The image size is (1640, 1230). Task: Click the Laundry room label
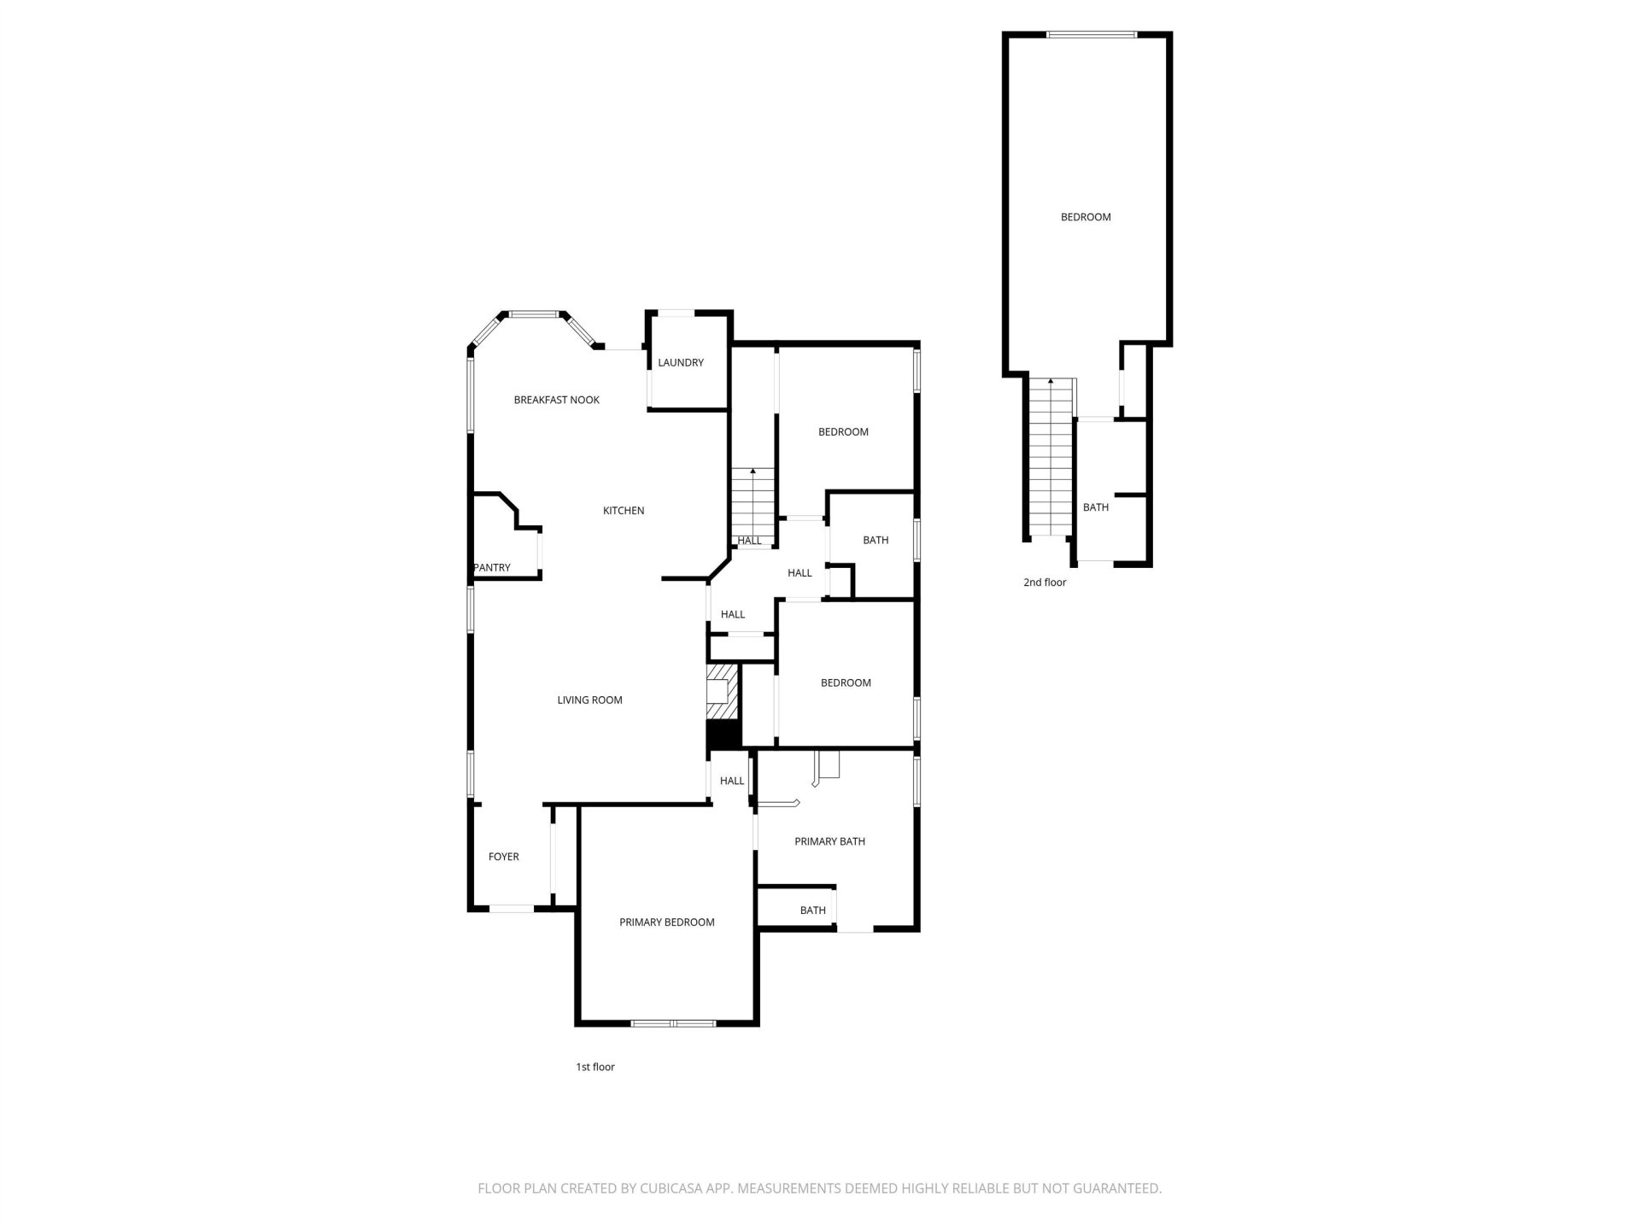click(681, 363)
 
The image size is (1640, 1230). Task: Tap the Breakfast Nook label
click(557, 400)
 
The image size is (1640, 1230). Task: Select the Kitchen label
click(624, 511)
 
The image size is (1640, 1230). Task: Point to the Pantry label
click(492, 568)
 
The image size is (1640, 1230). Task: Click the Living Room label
click(590, 700)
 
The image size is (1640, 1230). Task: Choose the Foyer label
click(504, 857)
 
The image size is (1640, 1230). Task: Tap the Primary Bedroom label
click(667, 922)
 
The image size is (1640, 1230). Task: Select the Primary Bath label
click(830, 841)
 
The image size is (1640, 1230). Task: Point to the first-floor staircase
click(753, 507)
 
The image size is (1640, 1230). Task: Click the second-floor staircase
click(1050, 457)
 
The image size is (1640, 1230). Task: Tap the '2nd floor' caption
click(1045, 583)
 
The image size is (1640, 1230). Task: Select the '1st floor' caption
click(595, 1067)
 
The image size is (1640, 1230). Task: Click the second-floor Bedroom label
click(1086, 217)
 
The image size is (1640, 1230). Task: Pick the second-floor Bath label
click(1096, 507)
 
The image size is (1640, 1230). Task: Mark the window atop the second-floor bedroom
click(1092, 35)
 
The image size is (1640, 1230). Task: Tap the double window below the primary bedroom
click(673, 1022)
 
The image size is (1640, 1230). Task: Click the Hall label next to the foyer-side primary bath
click(732, 781)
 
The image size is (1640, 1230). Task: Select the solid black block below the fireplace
click(723, 735)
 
